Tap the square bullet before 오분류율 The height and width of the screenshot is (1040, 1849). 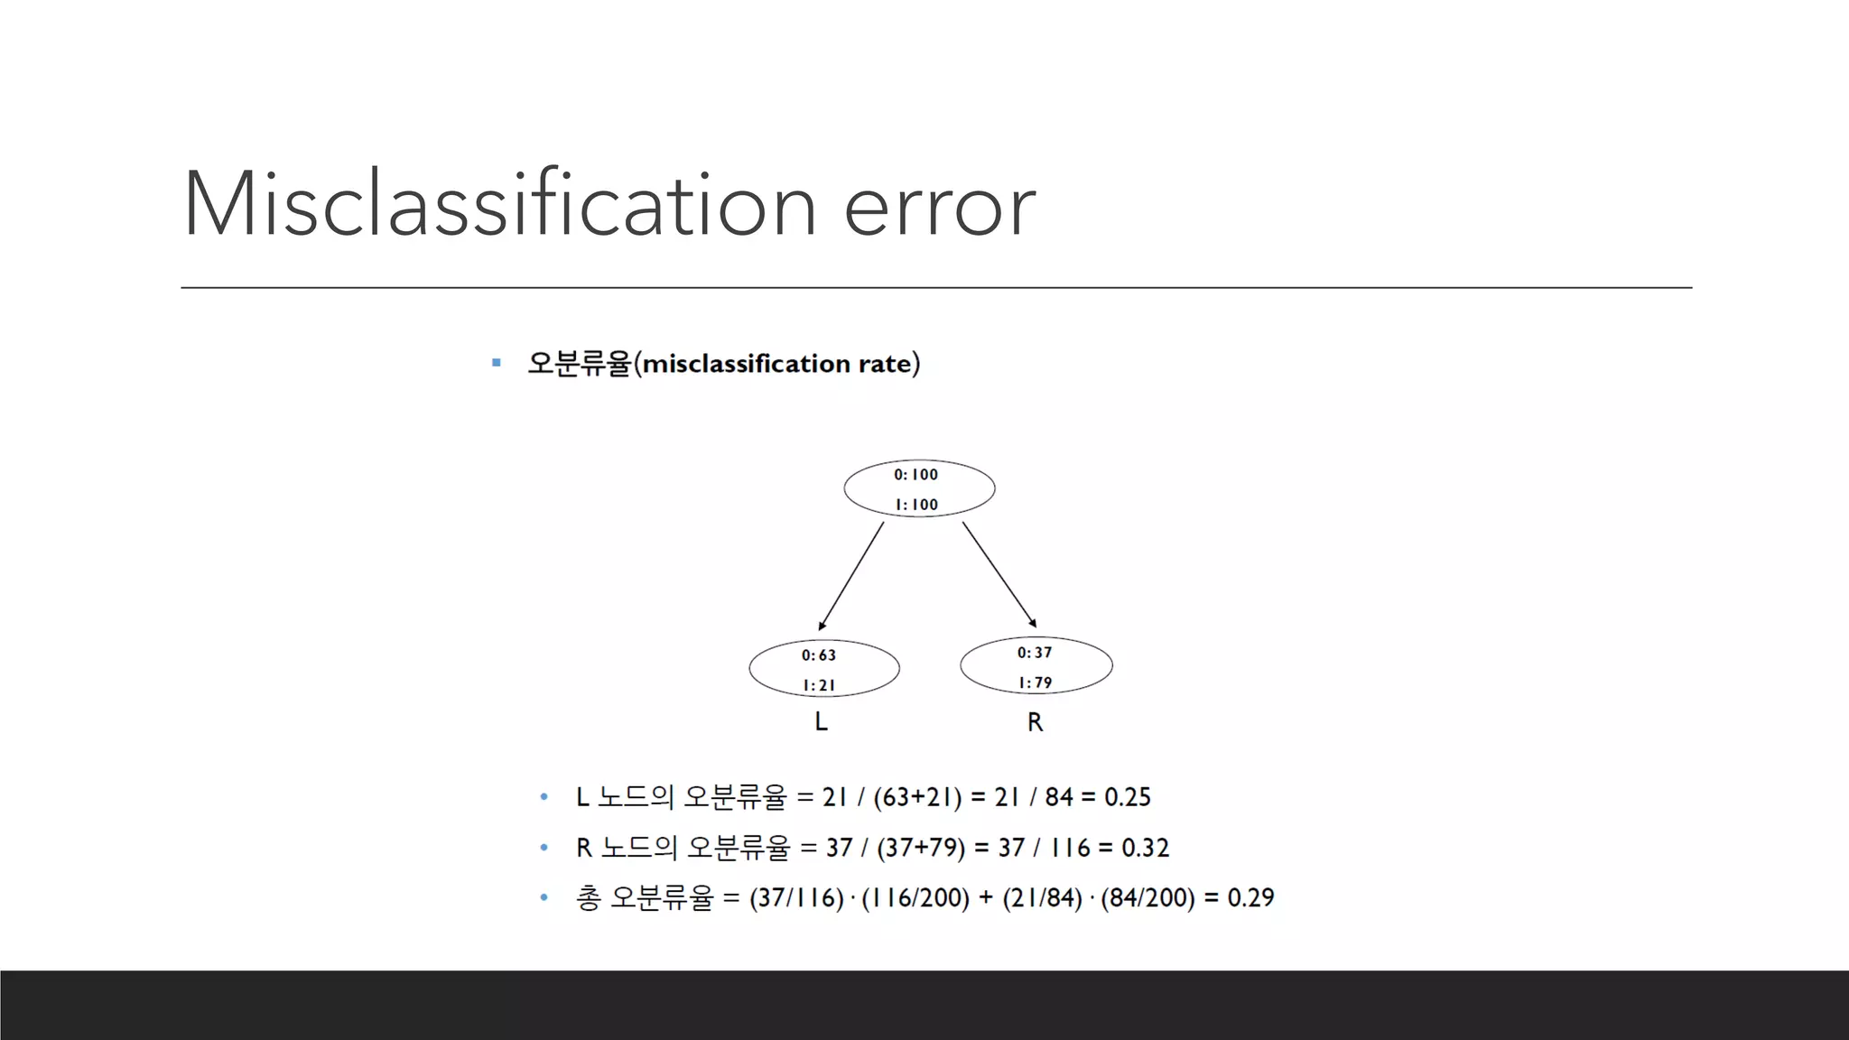tap(496, 363)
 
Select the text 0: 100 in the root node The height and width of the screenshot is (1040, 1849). tap(915, 475)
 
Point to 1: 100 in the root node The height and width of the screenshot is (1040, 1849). tap(916, 505)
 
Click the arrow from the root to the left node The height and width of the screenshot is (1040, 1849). tap(850, 576)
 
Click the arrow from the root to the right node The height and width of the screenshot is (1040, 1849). tap(999, 574)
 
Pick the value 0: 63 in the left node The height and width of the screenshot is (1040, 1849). tap(819, 655)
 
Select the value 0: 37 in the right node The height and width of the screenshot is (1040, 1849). tap(1035, 653)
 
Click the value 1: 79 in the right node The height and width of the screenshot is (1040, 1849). tap(1036, 683)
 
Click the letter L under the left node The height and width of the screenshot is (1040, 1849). tap(821, 722)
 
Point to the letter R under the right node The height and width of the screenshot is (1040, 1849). tap(1035, 722)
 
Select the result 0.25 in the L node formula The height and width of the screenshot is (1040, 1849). tap(1128, 797)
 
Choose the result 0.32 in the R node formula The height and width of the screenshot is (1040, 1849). tap(1145, 848)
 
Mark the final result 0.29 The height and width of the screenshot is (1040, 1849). tap(1250, 898)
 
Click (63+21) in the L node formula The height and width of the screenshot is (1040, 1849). tap(917, 797)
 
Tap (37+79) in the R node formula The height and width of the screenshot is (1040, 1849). tap(921, 848)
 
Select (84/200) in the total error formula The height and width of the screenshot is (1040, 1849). tap(1147, 898)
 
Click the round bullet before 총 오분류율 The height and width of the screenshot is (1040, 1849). tap(544, 897)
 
